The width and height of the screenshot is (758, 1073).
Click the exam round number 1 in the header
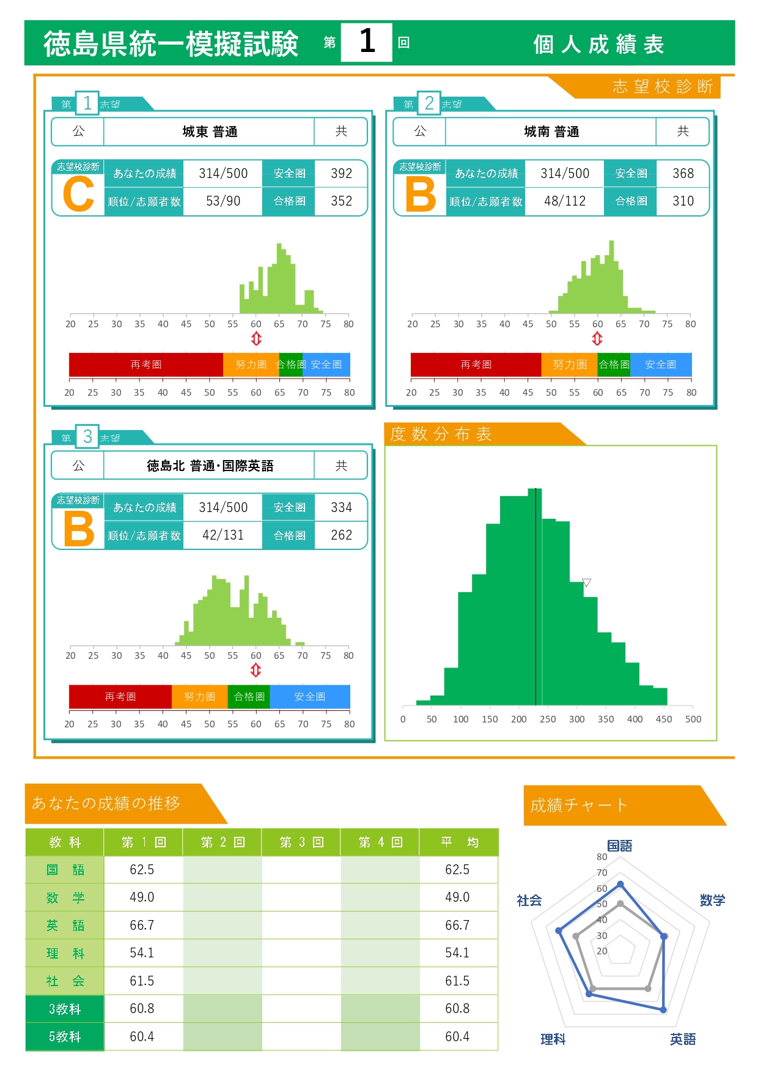[x=367, y=42]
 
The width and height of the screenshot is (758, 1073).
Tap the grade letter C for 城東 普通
[x=79, y=195]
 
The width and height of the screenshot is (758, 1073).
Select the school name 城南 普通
[x=551, y=132]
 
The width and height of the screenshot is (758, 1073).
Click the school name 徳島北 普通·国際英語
[x=210, y=466]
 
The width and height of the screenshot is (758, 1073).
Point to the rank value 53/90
[x=223, y=201]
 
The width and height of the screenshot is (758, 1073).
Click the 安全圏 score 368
[x=683, y=174]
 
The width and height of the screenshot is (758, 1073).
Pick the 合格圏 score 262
[x=341, y=535]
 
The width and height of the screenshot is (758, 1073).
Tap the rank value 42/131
[x=223, y=535]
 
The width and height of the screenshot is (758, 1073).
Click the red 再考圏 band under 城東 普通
[x=145, y=365]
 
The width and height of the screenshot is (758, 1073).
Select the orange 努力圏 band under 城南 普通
[x=569, y=365]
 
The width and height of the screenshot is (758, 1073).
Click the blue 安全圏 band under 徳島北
[x=310, y=697]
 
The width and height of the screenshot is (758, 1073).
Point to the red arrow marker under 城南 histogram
[x=597, y=338]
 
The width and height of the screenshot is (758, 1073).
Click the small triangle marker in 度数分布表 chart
[x=586, y=583]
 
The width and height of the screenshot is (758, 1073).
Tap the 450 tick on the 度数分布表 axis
[x=664, y=719]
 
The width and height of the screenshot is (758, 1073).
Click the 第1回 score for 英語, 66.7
[x=142, y=926]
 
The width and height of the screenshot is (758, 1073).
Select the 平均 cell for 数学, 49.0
[x=457, y=897]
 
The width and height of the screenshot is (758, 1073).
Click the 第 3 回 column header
[x=301, y=842]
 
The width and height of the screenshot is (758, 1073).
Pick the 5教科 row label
[x=65, y=1037]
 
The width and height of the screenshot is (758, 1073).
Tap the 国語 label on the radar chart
[x=619, y=845]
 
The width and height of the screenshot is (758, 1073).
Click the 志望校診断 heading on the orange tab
[x=663, y=87]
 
